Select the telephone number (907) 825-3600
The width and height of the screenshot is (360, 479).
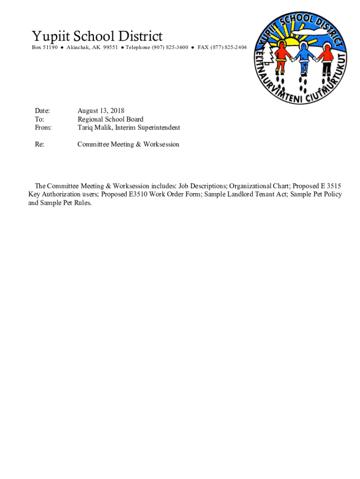pos(169,48)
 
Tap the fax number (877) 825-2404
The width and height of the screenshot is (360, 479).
pos(228,48)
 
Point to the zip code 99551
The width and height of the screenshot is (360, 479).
pos(110,48)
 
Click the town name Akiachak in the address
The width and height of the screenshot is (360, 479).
pos(79,48)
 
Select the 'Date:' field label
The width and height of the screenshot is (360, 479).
pos(42,111)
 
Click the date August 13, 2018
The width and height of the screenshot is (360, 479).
pos(101,111)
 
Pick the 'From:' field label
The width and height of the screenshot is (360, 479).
pos(43,128)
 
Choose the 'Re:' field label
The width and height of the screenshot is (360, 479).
pos(40,145)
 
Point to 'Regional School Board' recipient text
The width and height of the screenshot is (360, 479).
pos(110,119)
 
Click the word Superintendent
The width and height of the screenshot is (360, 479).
pos(158,128)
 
